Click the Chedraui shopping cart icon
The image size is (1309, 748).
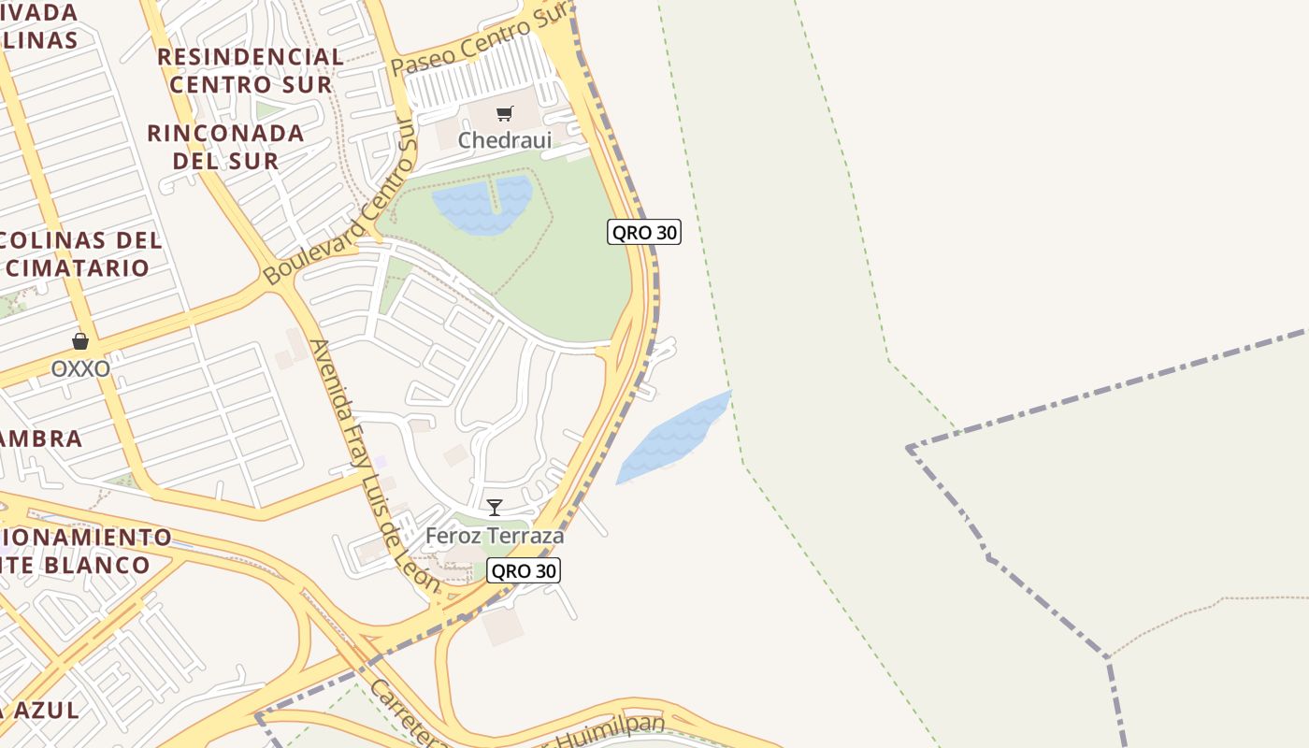pos(505,114)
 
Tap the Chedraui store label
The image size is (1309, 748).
pos(505,140)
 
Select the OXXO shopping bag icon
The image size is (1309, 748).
pos(80,342)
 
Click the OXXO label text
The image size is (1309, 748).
pos(80,368)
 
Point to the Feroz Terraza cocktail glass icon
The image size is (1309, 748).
pos(495,508)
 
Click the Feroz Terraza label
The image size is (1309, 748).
pos(495,536)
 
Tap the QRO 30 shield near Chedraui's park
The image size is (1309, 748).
pos(643,232)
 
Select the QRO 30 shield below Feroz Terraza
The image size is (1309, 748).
pos(524,570)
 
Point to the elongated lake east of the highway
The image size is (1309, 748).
pos(673,438)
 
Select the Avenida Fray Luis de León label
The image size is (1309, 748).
pos(374,466)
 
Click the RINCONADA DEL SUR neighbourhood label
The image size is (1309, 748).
pos(225,147)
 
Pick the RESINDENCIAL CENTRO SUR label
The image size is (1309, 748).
pos(251,70)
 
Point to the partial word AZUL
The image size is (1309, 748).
pos(42,709)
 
